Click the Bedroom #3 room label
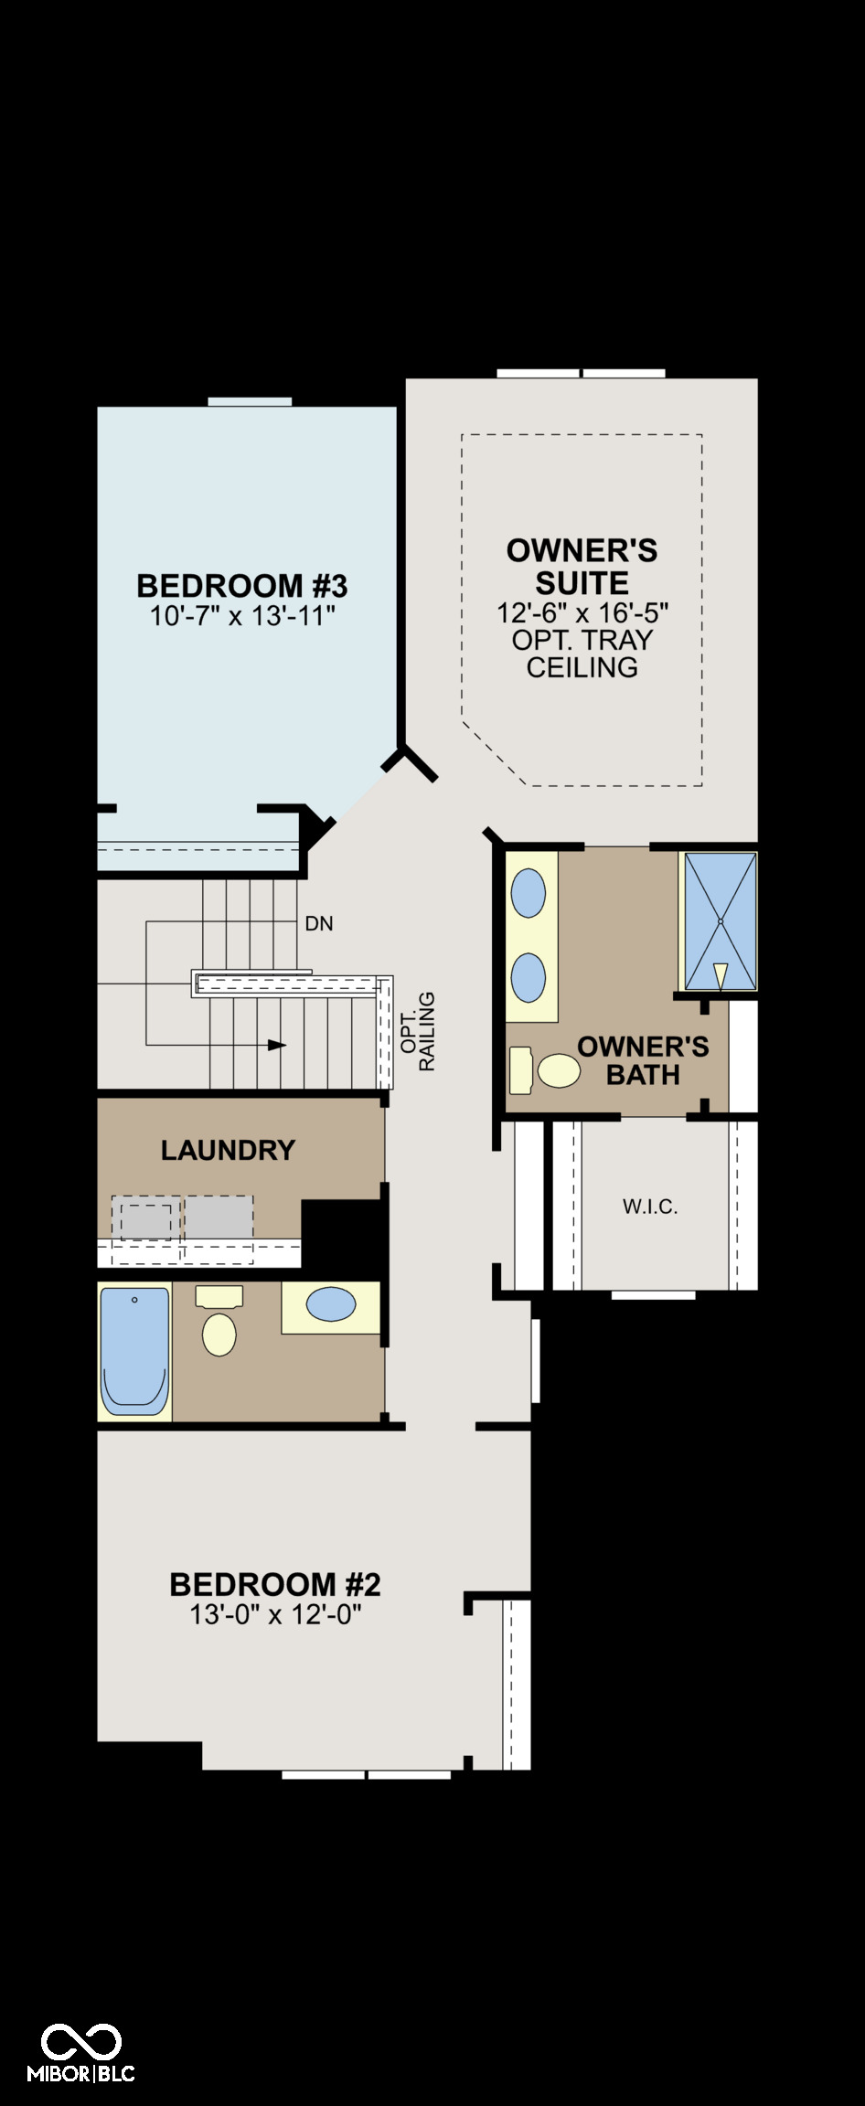[x=242, y=585]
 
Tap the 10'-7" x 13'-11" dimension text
[x=242, y=616]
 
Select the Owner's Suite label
[x=582, y=567]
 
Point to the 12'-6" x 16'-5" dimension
[x=582, y=612]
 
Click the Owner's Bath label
[x=643, y=1060]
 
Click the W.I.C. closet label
[x=650, y=1207]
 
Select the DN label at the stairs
[x=319, y=924]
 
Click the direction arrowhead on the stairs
[x=277, y=1045]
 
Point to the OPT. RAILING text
[x=418, y=1032]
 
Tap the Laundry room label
[x=228, y=1150]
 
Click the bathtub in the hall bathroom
[x=134, y=1352]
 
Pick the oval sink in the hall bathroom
[x=331, y=1304]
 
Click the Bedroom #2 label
[x=275, y=1584]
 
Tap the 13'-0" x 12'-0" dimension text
[x=275, y=1615]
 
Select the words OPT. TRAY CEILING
[x=582, y=654]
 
